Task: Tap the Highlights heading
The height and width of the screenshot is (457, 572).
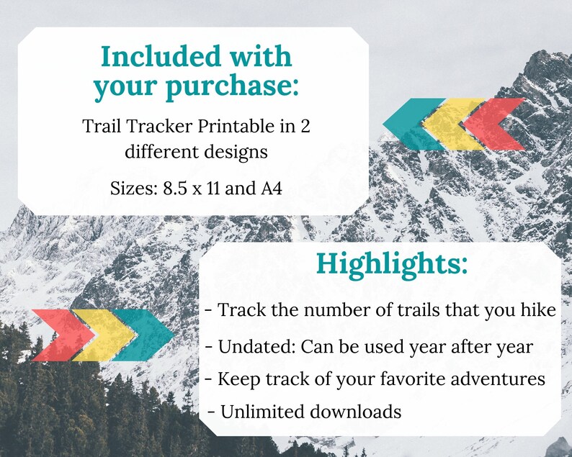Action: click(392, 264)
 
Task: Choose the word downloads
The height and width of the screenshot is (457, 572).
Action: click(355, 412)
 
